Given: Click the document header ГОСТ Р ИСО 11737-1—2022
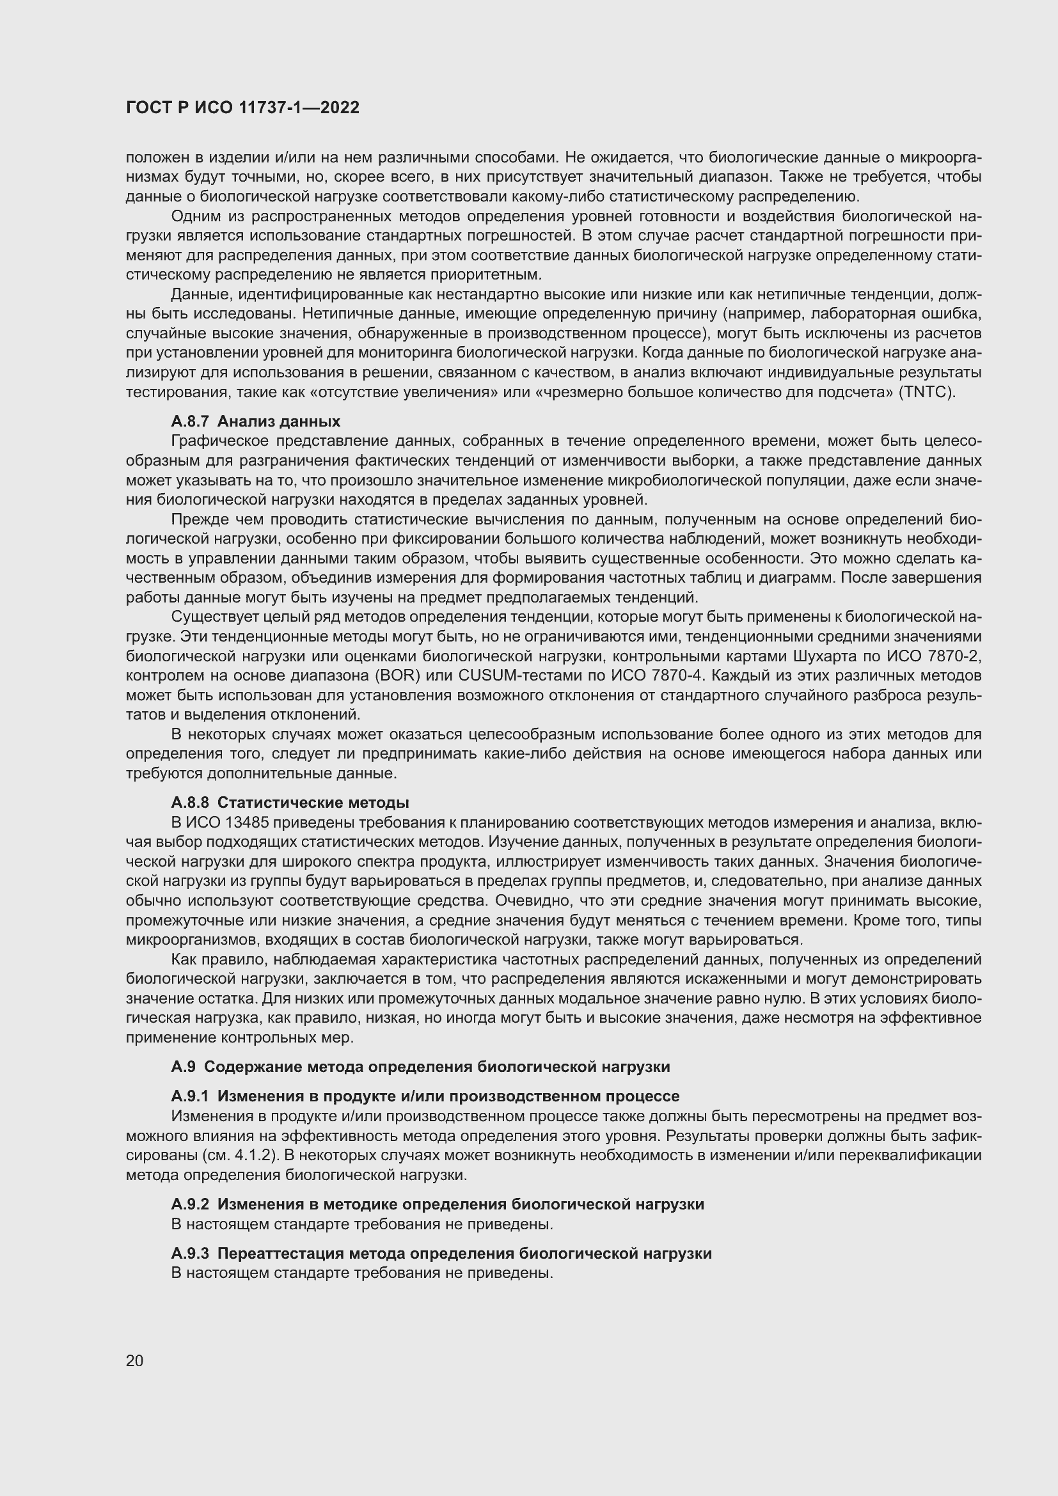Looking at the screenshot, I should [x=242, y=108].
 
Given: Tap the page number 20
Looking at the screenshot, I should [x=134, y=1360].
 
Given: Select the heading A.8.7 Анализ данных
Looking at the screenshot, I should [x=255, y=421].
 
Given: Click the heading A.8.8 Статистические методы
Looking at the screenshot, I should [x=290, y=802].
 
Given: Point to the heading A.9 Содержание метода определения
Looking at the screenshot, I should [x=420, y=1067].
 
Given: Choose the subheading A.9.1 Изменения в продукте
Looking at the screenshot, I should [x=425, y=1096].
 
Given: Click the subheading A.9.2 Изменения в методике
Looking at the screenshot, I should [x=437, y=1204].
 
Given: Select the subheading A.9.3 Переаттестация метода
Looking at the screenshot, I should [x=441, y=1253].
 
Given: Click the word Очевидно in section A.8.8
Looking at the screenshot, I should [x=523, y=901].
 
